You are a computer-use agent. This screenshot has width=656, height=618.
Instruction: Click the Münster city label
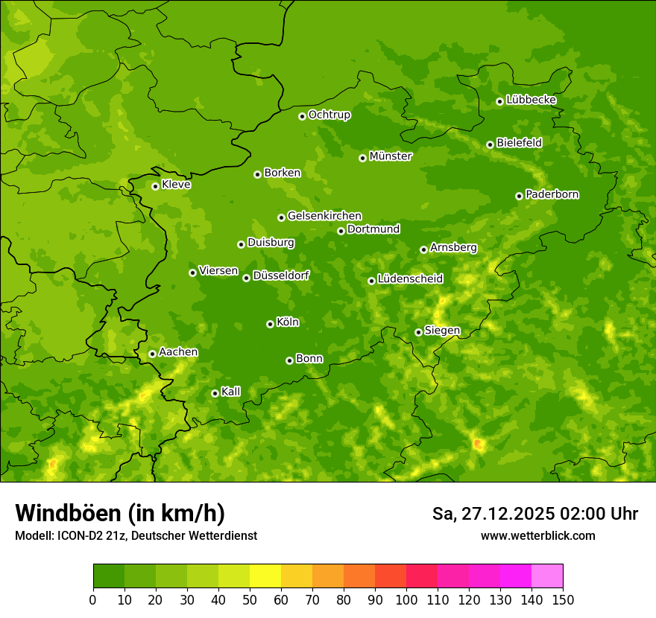point(390,156)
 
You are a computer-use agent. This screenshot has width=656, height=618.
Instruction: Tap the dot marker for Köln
point(270,324)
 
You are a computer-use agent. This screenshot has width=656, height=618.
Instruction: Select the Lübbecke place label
point(531,100)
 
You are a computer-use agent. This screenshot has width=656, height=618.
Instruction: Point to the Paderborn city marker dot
point(519,196)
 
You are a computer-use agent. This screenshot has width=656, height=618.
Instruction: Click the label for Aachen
point(178,352)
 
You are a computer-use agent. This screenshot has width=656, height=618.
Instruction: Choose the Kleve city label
point(176,185)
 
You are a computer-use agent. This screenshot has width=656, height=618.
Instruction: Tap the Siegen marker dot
point(418,332)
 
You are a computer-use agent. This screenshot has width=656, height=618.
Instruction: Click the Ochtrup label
point(329,115)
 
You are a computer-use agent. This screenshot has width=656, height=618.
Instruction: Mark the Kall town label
point(230,392)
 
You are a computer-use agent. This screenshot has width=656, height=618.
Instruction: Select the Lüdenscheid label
point(410,279)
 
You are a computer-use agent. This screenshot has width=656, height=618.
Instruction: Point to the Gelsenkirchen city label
point(324,216)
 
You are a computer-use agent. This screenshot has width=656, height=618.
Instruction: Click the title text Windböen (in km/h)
point(120,513)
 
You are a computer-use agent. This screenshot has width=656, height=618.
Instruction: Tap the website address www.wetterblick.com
point(537,535)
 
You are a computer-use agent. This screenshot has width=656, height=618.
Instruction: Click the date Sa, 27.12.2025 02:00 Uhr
point(534,514)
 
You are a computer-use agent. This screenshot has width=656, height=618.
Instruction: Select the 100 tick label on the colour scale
point(406,599)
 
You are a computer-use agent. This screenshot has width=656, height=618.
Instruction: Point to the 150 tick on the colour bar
point(563,599)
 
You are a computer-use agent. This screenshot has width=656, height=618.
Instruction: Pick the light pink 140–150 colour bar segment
point(547,576)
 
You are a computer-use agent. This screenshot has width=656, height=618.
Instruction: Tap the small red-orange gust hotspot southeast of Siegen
point(478,445)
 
